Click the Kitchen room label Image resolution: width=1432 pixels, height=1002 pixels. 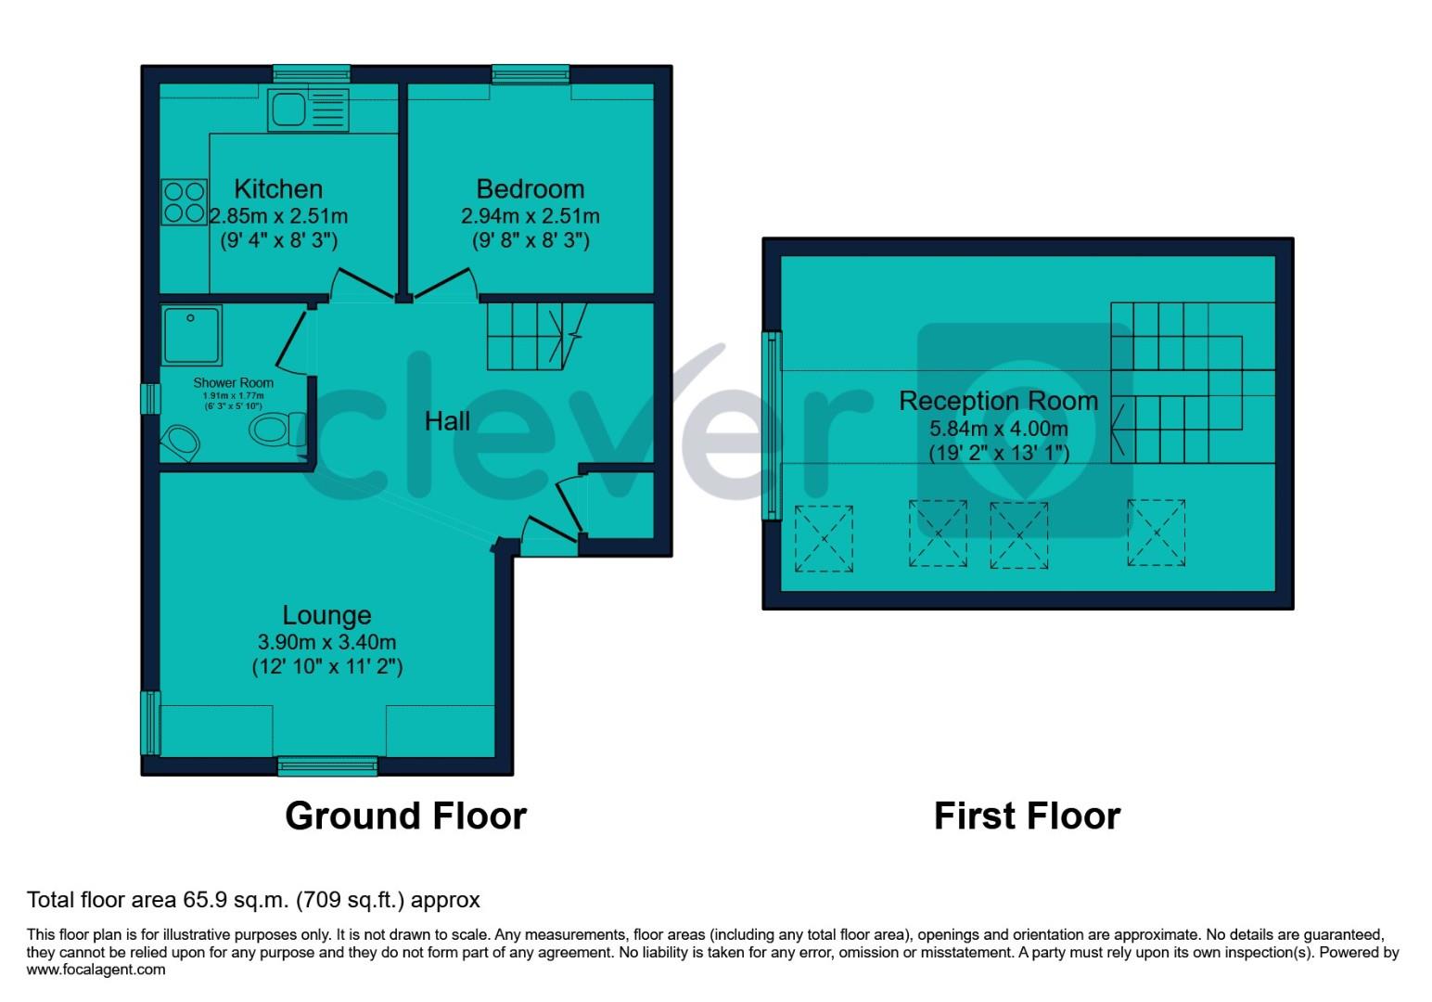[278, 189]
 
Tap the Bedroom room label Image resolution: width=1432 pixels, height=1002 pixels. [530, 189]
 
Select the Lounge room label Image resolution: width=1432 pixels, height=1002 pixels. [326, 615]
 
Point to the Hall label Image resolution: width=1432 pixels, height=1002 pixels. [447, 421]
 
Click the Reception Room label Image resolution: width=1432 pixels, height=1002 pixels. [998, 401]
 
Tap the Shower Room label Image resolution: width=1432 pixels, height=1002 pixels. [233, 382]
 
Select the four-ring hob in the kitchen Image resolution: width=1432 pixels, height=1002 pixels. [184, 201]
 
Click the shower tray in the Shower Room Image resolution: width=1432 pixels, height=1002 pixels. [191, 335]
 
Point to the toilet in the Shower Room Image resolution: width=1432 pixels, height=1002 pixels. [275, 430]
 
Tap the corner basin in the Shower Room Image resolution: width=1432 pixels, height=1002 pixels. [180, 442]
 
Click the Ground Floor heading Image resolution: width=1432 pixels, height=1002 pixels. [405, 816]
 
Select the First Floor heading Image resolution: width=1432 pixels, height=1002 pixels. [1027, 816]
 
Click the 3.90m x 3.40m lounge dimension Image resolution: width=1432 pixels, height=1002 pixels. [326, 642]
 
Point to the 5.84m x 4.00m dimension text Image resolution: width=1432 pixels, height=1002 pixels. [998, 429]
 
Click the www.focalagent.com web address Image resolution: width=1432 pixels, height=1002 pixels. [96, 970]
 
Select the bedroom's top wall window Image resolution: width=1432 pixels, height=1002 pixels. [531, 74]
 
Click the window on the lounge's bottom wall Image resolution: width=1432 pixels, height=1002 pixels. [327, 765]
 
